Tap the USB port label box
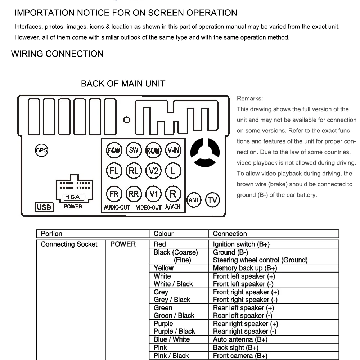pyautogui.click(x=44, y=207)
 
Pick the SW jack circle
pyautogui.click(x=134, y=150)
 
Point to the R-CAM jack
pyautogui.click(x=153, y=150)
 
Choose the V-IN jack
pyautogui.click(x=173, y=150)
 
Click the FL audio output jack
pyautogui.click(x=114, y=171)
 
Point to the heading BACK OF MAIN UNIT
pyautogui.click(x=123, y=84)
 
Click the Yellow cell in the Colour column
pyautogui.click(x=163, y=268)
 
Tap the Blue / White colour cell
pyautogui.click(x=171, y=339)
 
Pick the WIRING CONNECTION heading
pyautogui.click(x=57, y=54)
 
